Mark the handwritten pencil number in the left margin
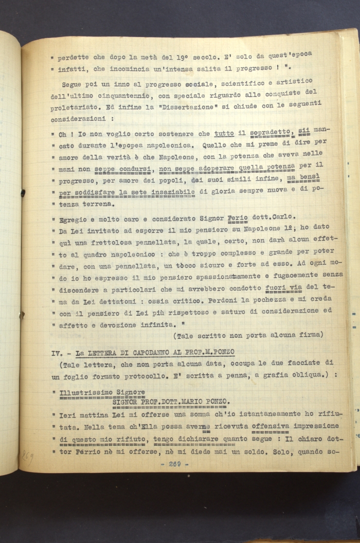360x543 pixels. coord(27,455)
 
